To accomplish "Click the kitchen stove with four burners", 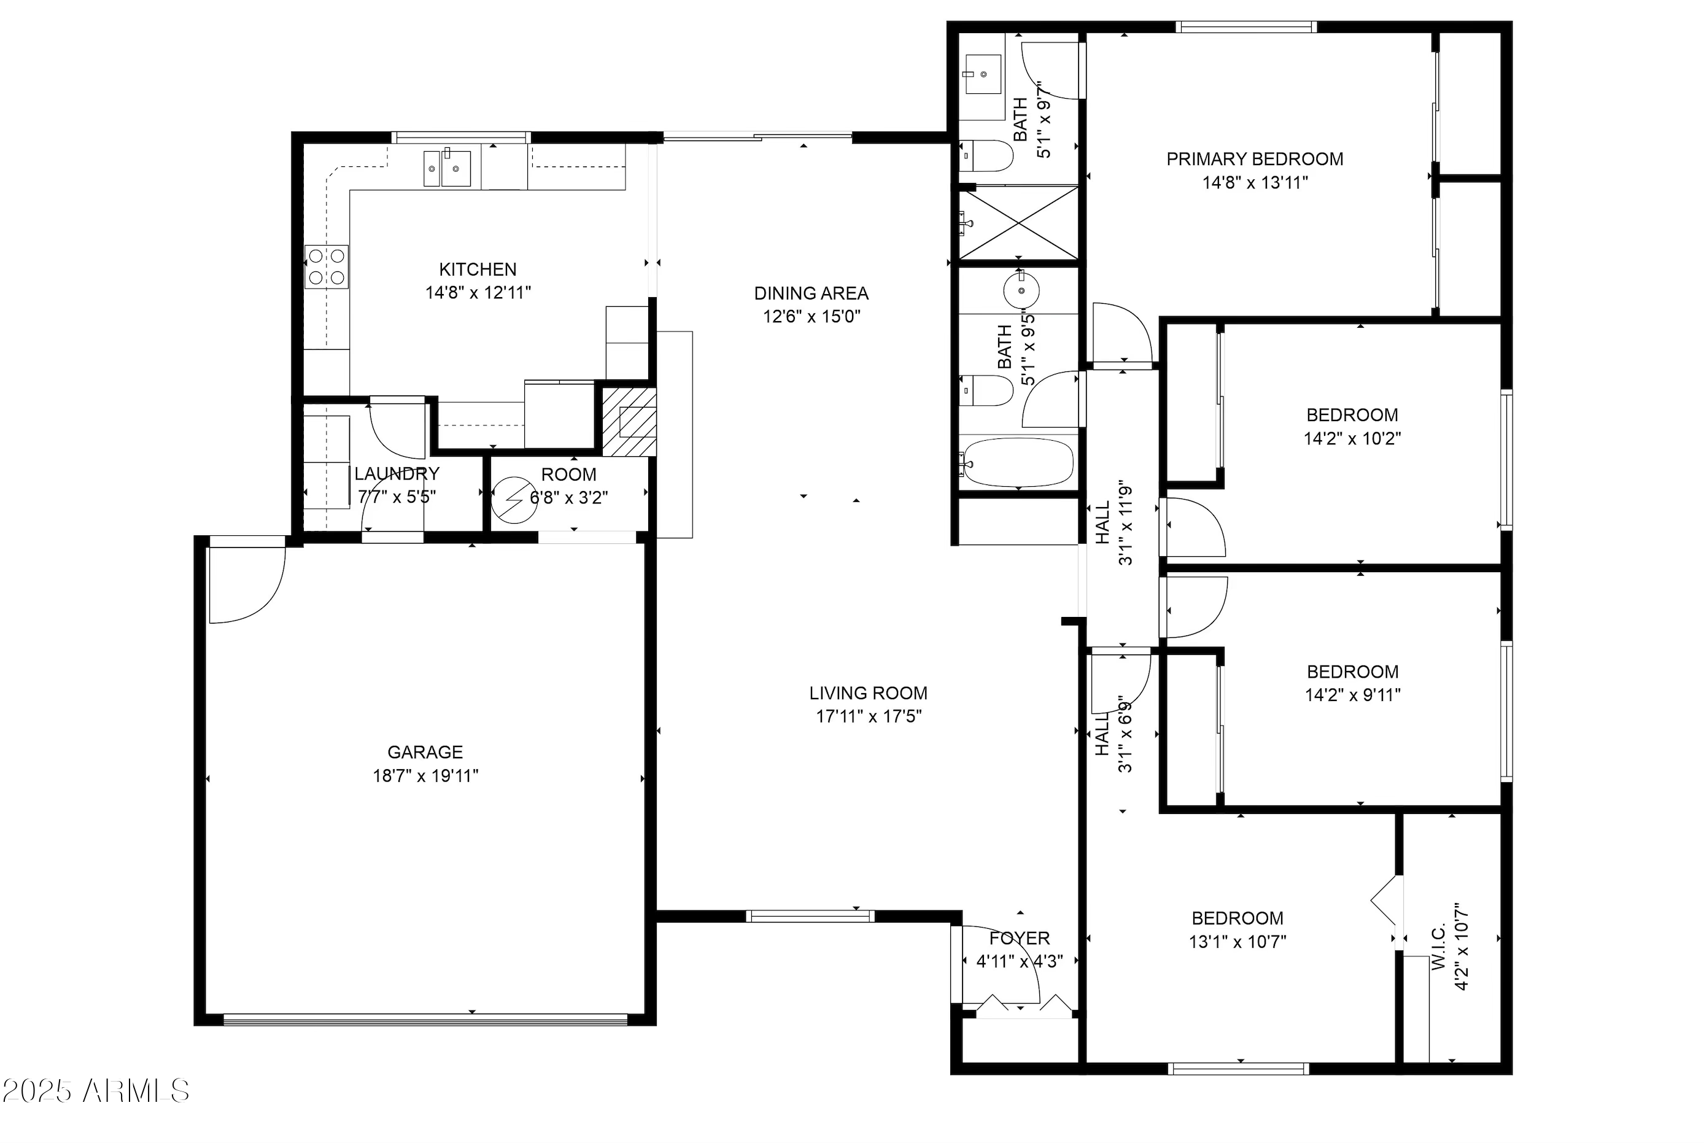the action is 327,267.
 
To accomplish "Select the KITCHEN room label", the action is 478,269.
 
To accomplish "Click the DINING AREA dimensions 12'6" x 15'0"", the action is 812,316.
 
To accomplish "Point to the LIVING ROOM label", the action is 868,692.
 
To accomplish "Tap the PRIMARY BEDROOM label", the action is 1254,159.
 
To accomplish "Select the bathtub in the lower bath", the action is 1017,462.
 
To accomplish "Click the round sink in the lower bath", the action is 1021,290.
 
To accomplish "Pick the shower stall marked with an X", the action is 1018,223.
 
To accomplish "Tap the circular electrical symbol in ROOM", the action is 514,500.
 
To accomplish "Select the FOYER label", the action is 1019,938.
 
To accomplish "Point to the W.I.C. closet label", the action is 1438,948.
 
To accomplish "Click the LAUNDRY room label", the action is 397,474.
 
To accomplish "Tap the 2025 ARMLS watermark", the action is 96,1091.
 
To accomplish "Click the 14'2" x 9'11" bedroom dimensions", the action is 1353,695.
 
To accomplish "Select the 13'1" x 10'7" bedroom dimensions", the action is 1237,941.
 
